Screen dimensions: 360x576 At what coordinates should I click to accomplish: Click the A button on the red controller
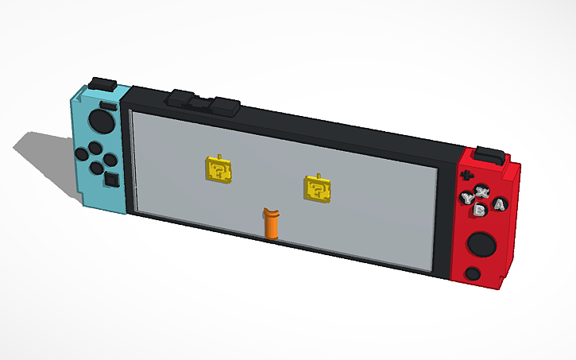pos(499,205)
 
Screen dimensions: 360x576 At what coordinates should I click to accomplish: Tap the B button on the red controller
pos(481,211)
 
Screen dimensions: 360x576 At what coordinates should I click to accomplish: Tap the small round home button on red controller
pos(473,273)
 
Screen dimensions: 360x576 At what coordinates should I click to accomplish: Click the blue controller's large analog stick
pos(101,122)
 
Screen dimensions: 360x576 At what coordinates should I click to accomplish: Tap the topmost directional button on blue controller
pos(94,145)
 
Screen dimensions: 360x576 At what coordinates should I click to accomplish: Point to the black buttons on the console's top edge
pos(203,103)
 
